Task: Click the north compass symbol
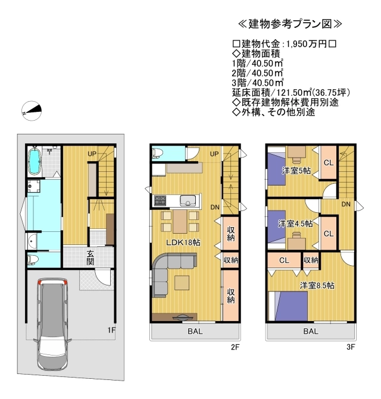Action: [x=32, y=111]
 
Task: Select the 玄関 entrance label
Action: [x=90, y=257]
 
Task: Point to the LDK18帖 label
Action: [x=183, y=242]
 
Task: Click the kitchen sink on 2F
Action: [x=188, y=200]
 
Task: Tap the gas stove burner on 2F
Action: [x=159, y=200]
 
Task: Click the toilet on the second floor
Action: [x=157, y=153]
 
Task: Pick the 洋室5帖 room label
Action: [x=296, y=171]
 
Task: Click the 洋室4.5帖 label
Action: [x=295, y=224]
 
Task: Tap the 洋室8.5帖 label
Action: [x=317, y=285]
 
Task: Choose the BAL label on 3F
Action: [x=311, y=331]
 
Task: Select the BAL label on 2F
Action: [x=195, y=331]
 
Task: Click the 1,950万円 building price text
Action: [x=307, y=44]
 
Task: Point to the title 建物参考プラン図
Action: [x=290, y=24]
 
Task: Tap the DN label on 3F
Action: [x=346, y=204]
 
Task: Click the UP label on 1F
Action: [x=92, y=153]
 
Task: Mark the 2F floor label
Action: [x=235, y=347]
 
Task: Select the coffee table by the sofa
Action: [x=182, y=282]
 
